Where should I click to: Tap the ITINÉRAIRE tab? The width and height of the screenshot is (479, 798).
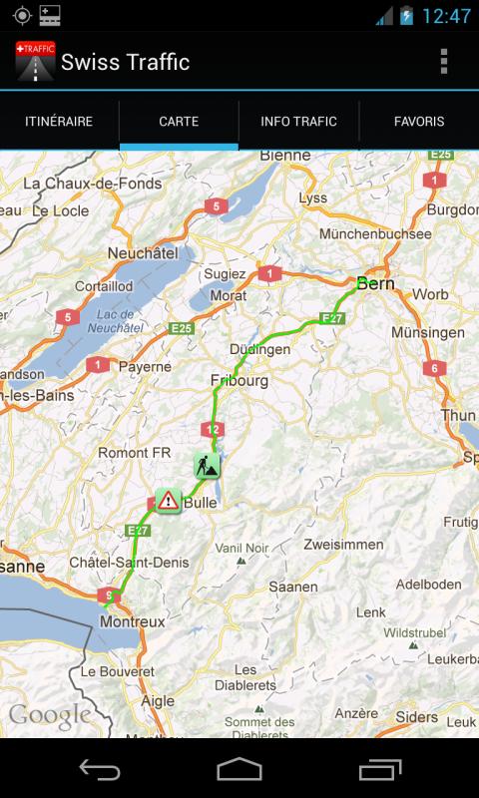[59, 122]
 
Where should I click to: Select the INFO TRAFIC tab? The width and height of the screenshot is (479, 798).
[298, 122]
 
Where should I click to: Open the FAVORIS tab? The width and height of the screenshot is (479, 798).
[419, 122]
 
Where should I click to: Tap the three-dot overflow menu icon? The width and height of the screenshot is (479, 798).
[444, 62]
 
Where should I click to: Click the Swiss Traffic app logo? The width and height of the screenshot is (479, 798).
[36, 62]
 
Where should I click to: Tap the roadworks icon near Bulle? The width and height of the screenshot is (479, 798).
[207, 465]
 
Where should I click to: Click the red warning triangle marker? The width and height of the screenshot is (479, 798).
[167, 501]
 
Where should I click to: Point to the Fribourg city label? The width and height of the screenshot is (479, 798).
[239, 381]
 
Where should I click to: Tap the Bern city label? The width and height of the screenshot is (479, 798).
[375, 284]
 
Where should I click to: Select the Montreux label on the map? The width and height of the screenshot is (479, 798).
[133, 621]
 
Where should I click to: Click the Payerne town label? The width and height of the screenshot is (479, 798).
[145, 367]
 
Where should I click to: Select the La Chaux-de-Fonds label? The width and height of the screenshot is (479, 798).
[92, 184]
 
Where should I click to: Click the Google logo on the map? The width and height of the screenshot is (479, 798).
[50, 715]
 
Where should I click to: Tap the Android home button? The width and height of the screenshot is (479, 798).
[239, 769]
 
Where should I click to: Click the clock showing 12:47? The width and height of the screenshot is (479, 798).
[446, 16]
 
